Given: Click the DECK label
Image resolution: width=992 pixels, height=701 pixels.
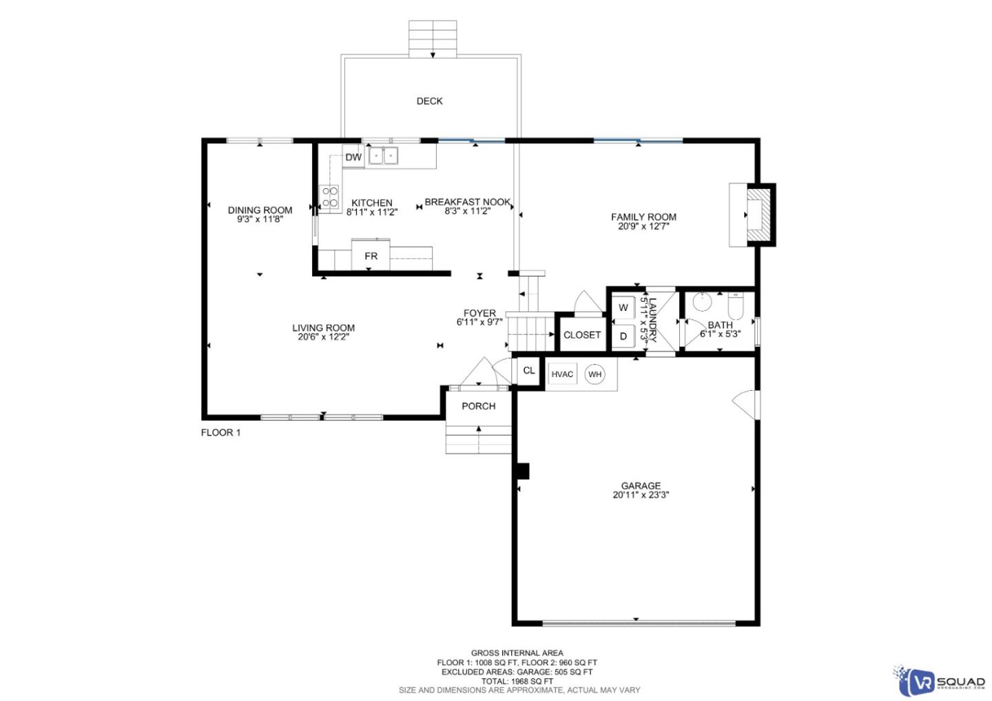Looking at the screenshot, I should click(429, 101).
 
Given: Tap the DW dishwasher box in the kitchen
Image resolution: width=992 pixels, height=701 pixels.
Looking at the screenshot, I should click(353, 157).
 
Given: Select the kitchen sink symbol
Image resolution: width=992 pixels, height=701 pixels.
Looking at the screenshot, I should click(383, 156).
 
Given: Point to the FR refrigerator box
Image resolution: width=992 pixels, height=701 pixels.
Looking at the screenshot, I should click(371, 256).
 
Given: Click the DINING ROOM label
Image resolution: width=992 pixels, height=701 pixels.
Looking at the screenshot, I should click(260, 210).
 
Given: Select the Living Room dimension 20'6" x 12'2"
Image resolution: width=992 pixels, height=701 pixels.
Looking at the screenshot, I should click(323, 337).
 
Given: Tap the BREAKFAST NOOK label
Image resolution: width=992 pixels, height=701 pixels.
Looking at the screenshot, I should click(467, 202).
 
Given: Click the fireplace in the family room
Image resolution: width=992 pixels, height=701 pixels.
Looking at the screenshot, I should click(756, 215).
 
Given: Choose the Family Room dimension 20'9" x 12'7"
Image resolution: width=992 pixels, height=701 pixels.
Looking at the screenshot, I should click(643, 225).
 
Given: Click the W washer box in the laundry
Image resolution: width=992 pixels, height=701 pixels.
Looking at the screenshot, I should click(623, 307).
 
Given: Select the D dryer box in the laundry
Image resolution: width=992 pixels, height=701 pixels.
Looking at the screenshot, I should click(623, 336).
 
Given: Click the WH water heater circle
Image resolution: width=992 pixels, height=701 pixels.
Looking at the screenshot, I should click(595, 374).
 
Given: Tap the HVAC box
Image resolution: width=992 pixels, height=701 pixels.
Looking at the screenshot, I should click(562, 374).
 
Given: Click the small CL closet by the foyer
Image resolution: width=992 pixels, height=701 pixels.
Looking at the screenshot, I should click(528, 371).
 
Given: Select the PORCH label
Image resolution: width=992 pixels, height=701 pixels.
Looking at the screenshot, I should click(478, 406).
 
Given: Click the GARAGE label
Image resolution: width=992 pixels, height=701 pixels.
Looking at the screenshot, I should click(640, 485).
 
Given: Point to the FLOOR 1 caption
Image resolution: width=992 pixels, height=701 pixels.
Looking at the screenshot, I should click(220, 433).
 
